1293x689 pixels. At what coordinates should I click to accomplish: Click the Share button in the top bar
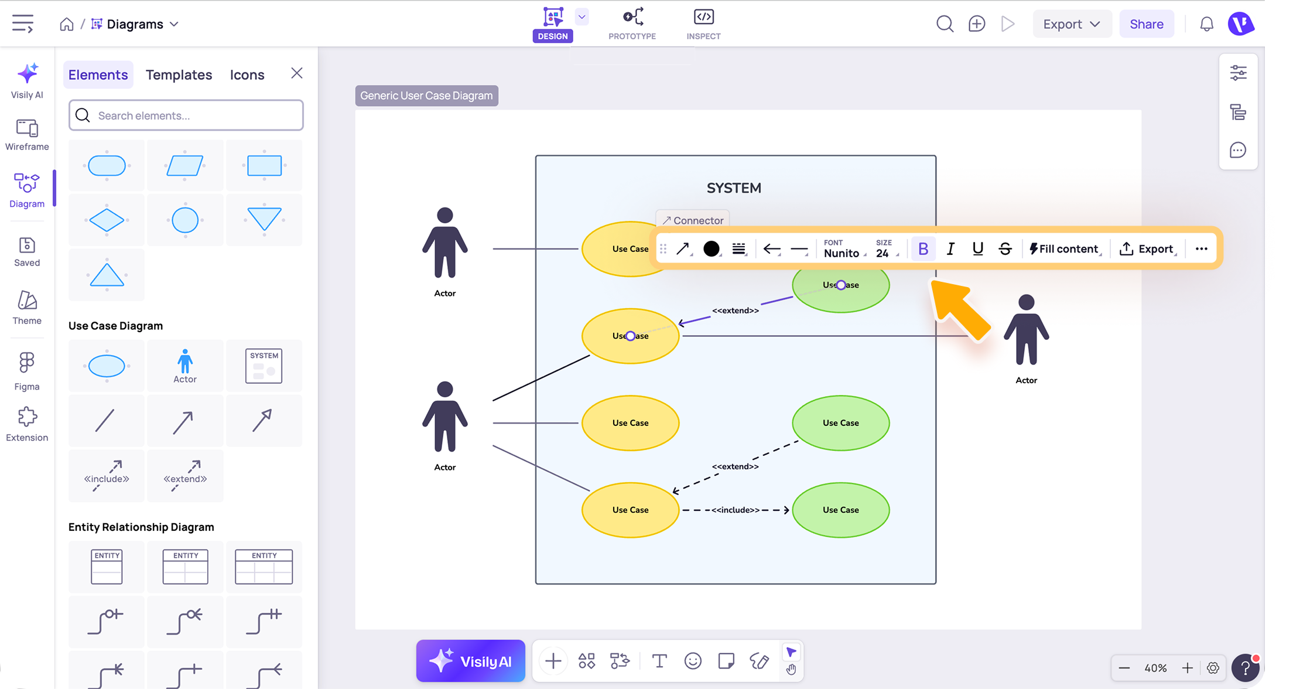(1146, 24)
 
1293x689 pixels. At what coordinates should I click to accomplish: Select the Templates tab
(179, 75)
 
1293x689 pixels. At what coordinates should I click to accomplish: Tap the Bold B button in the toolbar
(923, 249)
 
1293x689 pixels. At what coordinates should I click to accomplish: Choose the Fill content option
(1064, 249)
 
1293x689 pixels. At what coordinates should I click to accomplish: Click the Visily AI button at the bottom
(470, 661)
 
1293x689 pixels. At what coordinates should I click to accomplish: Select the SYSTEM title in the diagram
(734, 188)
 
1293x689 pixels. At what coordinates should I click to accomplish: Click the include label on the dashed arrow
(736, 510)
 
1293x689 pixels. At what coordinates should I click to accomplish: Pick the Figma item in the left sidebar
(27, 371)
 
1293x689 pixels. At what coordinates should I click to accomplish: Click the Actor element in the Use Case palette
(185, 366)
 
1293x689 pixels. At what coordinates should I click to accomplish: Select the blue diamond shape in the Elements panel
(107, 220)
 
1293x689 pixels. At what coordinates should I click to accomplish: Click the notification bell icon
(1206, 24)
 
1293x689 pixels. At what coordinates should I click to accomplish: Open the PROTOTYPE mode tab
(632, 24)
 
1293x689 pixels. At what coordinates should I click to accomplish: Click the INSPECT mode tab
(703, 24)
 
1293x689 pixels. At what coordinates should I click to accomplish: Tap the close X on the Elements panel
(297, 73)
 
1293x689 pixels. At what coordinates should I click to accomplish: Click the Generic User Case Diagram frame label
(426, 95)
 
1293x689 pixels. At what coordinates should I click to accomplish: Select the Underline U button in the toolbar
(977, 249)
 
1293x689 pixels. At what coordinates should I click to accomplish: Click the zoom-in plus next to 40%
(1187, 668)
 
